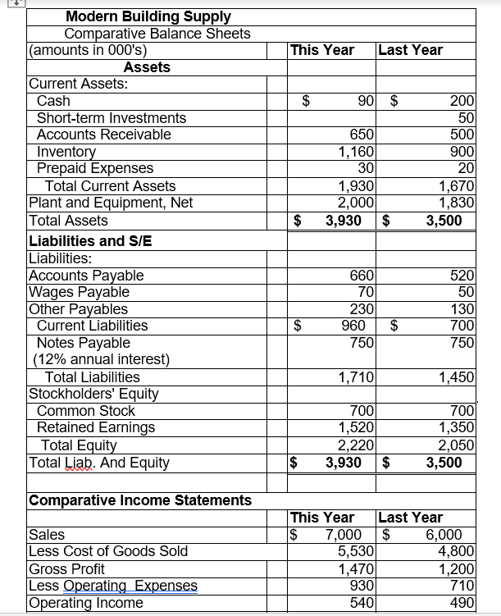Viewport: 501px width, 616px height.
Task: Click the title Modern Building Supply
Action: point(148,16)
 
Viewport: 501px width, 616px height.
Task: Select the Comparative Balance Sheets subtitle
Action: point(157,34)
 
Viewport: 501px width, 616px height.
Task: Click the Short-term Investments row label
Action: point(112,118)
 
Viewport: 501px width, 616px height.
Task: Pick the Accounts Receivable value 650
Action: point(362,135)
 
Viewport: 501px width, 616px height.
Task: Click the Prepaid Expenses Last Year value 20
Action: point(467,168)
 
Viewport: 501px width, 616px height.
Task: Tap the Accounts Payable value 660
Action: point(362,276)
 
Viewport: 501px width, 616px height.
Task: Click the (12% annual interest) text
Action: point(100,359)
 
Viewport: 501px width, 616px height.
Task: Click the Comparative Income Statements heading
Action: point(140,500)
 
